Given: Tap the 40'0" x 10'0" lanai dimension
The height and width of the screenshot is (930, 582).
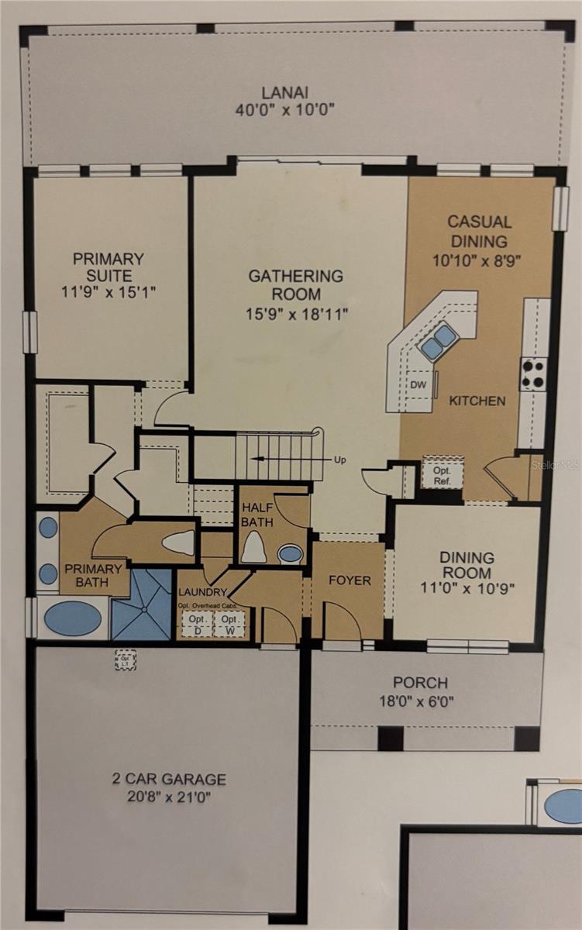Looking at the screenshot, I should [285, 109].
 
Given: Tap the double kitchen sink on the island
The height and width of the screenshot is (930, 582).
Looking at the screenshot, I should [438, 341].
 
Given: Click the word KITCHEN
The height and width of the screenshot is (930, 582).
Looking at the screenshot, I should [478, 401].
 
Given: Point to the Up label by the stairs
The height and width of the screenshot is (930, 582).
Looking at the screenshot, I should [339, 460].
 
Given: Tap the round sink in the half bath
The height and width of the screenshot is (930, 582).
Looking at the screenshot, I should [291, 553].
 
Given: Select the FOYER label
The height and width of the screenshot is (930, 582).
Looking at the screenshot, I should [350, 580].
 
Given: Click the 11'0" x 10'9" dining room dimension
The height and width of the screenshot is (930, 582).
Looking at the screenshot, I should [466, 588].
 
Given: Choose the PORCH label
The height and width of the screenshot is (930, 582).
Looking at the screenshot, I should [420, 683].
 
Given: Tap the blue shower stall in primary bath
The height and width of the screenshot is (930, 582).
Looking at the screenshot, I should [141, 604].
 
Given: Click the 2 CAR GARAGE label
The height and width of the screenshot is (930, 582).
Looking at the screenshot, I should [167, 779].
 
